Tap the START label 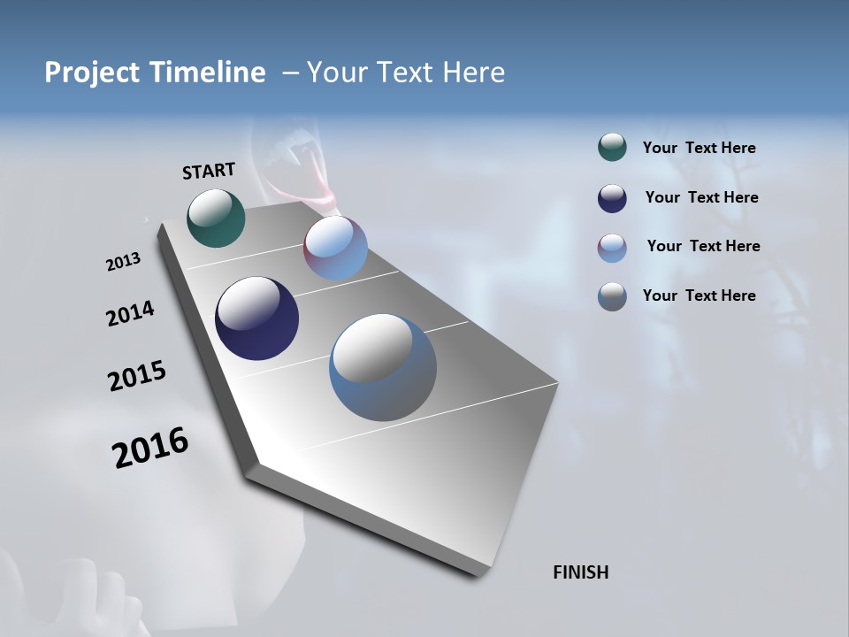coord(209,171)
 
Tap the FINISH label coord(581,572)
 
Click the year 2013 coord(124,262)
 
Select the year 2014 coord(131,313)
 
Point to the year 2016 coord(150,448)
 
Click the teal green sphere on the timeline coord(216,218)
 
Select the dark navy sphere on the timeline coord(256,318)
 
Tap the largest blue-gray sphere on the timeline coord(383,367)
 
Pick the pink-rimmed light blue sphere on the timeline coord(336,248)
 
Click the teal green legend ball coord(612,148)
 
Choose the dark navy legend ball coord(612,198)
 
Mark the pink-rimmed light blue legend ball coord(612,248)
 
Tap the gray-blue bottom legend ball coord(612,296)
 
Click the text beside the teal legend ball coord(700,148)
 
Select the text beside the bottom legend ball coord(700,295)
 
